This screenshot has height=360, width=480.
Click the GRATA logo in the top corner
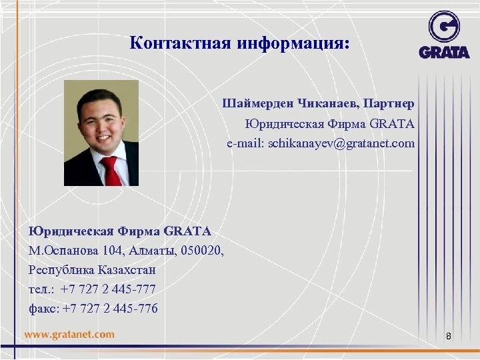[444, 34]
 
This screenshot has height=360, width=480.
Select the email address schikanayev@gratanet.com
[341, 143]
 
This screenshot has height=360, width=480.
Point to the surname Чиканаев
[325, 104]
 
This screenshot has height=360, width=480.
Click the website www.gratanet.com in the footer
[69, 335]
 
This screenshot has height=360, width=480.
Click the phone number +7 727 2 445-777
[109, 290]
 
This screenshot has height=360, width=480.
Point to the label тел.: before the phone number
[41, 290]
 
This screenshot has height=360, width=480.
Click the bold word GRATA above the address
[187, 231]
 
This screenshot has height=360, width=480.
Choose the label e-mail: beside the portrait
[245, 143]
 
